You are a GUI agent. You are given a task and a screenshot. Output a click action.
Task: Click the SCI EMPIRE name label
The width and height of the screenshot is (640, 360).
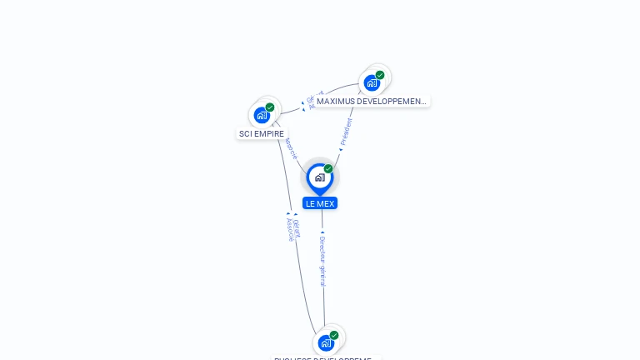262,133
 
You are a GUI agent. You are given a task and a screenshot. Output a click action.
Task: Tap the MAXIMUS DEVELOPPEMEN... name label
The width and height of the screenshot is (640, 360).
371,102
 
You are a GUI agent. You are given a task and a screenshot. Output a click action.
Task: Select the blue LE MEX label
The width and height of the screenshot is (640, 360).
320,203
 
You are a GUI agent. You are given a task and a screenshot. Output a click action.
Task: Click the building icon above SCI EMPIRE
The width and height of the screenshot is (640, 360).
262,115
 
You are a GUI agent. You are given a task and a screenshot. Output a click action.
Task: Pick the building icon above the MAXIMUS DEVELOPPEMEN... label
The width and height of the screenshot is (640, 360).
372,82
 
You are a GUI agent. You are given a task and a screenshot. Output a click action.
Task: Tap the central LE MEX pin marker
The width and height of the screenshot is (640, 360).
320,177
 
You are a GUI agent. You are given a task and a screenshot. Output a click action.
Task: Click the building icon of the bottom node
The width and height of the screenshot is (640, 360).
326,342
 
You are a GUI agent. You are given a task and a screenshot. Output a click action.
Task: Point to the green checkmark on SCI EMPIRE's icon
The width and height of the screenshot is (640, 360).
270,107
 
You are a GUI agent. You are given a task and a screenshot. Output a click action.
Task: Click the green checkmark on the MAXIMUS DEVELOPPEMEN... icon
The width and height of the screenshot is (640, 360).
380,75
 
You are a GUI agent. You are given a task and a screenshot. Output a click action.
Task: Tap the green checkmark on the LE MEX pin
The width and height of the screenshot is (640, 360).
328,169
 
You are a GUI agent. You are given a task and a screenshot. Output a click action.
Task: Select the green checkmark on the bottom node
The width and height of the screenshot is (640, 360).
334,335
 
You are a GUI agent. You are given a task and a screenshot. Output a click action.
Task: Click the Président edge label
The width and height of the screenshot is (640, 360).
347,131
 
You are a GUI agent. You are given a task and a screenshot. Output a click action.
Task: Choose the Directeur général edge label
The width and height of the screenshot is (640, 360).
322,260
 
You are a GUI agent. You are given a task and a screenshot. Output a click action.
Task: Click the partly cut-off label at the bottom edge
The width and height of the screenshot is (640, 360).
326,357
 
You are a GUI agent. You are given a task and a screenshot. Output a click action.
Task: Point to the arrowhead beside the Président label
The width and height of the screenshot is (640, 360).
340,150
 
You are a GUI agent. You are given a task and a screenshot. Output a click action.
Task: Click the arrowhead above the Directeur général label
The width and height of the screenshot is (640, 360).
322,232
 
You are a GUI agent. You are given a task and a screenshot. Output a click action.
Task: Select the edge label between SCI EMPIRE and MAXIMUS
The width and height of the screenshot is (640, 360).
310,101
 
